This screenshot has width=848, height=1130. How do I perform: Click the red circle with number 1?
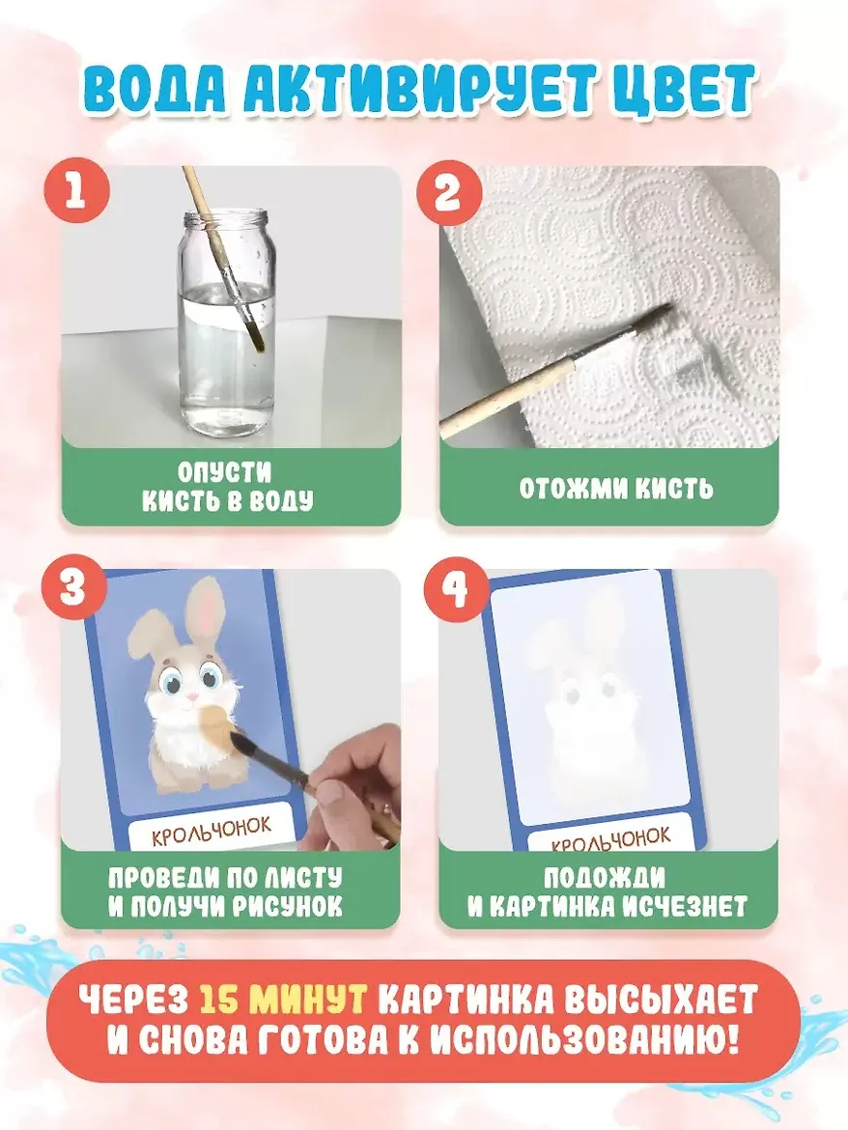tap(75, 191)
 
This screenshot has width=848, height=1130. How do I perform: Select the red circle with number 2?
tap(448, 192)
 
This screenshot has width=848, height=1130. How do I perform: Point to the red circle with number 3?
tap(72, 588)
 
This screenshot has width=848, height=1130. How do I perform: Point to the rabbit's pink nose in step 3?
tap(192, 697)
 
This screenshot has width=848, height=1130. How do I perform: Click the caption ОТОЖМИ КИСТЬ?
tap(616, 489)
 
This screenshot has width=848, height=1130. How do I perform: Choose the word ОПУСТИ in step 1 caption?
tap(225, 472)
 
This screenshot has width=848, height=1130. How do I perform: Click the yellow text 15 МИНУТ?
tap(283, 1001)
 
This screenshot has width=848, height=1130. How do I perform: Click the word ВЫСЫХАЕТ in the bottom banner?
tap(663, 1001)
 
